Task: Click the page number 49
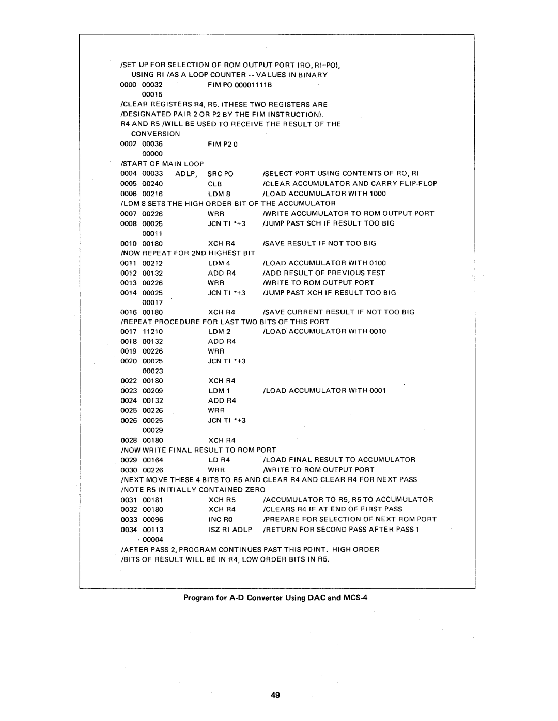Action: click(x=274, y=695)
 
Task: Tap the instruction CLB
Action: click(x=214, y=184)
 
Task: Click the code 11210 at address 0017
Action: click(x=153, y=331)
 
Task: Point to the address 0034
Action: click(x=128, y=530)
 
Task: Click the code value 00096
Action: click(x=153, y=519)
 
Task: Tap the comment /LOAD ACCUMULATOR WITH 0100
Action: click(x=324, y=263)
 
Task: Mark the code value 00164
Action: click(x=153, y=460)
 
